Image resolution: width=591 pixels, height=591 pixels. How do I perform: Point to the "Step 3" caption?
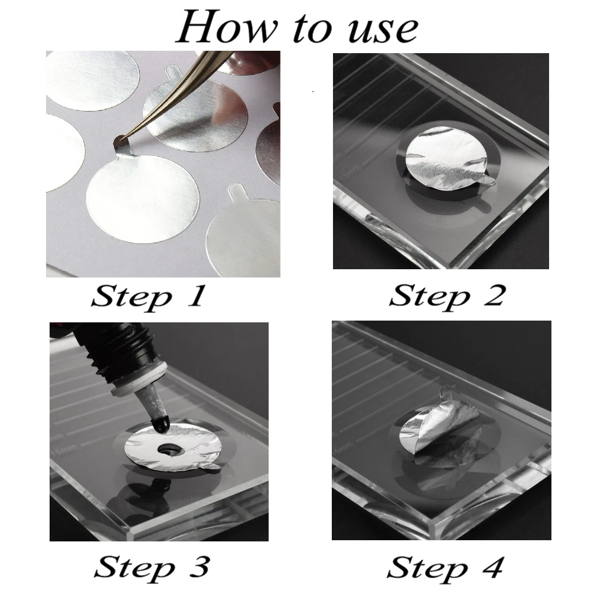coord(152,567)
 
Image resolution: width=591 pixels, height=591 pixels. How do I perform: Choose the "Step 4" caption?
coord(445,567)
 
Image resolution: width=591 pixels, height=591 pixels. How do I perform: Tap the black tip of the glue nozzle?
coord(161,424)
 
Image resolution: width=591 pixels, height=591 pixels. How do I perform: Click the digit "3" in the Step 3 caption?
coord(198,567)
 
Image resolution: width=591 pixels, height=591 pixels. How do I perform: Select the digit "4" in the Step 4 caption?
coord(491,567)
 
